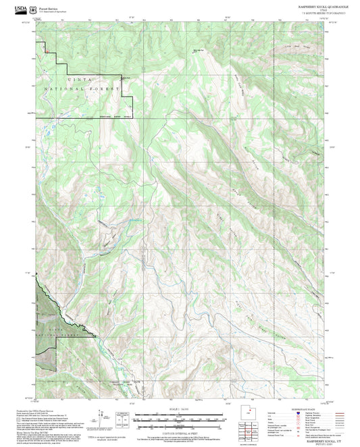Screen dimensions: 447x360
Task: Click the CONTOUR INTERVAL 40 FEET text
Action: pyautogui.click(x=180, y=432)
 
